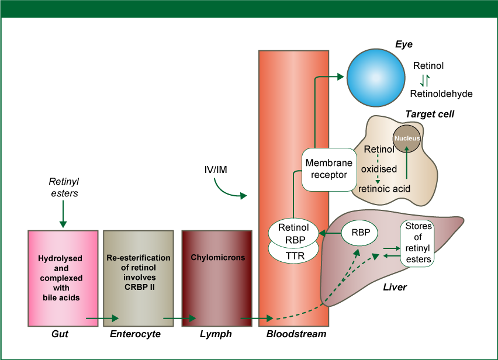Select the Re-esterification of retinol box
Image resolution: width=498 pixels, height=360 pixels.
pos(139,278)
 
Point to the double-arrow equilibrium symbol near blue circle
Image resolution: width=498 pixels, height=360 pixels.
pos(425,80)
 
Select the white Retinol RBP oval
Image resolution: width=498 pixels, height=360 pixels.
pos(293,233)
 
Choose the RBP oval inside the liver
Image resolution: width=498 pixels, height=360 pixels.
pos(359,232)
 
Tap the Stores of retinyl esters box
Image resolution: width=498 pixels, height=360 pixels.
pos(417,243)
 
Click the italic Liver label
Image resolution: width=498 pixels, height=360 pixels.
pos(395,288)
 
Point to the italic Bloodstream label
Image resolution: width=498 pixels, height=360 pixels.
pos(288,334)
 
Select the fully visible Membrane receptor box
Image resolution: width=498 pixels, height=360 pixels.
pos(329,169)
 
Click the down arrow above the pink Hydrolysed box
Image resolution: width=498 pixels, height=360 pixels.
pos(63,214)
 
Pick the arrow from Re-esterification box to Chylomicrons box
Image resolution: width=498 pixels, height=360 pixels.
pos(179,319)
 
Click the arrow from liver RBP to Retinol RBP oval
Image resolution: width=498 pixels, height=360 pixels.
pos(330,233)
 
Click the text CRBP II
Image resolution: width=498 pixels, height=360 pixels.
pos(139,287)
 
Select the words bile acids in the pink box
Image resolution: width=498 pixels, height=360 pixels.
pos(61,297)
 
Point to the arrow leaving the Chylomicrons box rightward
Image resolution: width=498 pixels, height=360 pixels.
pos(257,319)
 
